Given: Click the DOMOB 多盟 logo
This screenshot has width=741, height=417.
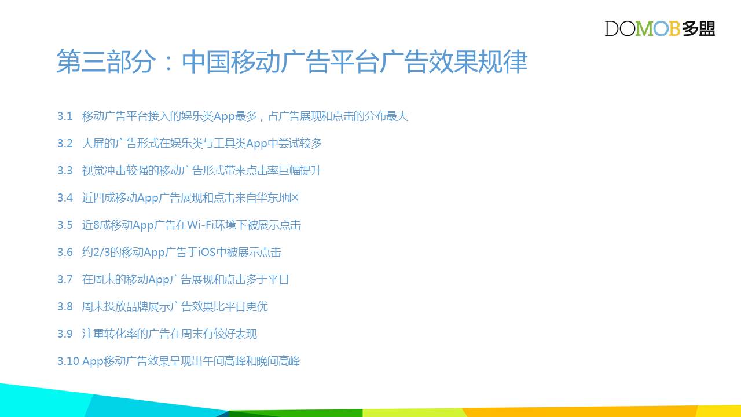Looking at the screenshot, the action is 659,28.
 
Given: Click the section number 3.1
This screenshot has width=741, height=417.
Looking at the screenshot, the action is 65,116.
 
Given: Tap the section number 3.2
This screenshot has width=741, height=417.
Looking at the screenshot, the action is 65,143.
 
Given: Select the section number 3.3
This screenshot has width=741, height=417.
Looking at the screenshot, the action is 65,170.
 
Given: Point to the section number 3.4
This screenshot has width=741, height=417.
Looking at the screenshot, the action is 65,197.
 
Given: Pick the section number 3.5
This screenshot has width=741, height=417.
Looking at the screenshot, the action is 65,225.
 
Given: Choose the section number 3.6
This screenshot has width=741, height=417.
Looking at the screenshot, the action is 65,252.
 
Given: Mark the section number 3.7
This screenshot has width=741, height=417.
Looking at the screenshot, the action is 65,279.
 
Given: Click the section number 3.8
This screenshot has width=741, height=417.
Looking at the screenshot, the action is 65,306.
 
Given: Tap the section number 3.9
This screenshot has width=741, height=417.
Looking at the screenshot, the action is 65,334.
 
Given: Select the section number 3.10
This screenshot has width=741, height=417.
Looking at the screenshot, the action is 68,361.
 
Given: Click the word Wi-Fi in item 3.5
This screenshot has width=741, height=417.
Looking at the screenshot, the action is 200,225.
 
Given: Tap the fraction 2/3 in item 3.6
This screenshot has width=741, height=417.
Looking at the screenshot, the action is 101,252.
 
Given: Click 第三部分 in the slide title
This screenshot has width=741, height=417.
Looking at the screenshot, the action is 106,61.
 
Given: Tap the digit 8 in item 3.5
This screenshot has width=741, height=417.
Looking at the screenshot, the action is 96,225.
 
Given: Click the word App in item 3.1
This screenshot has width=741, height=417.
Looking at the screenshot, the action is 224,117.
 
